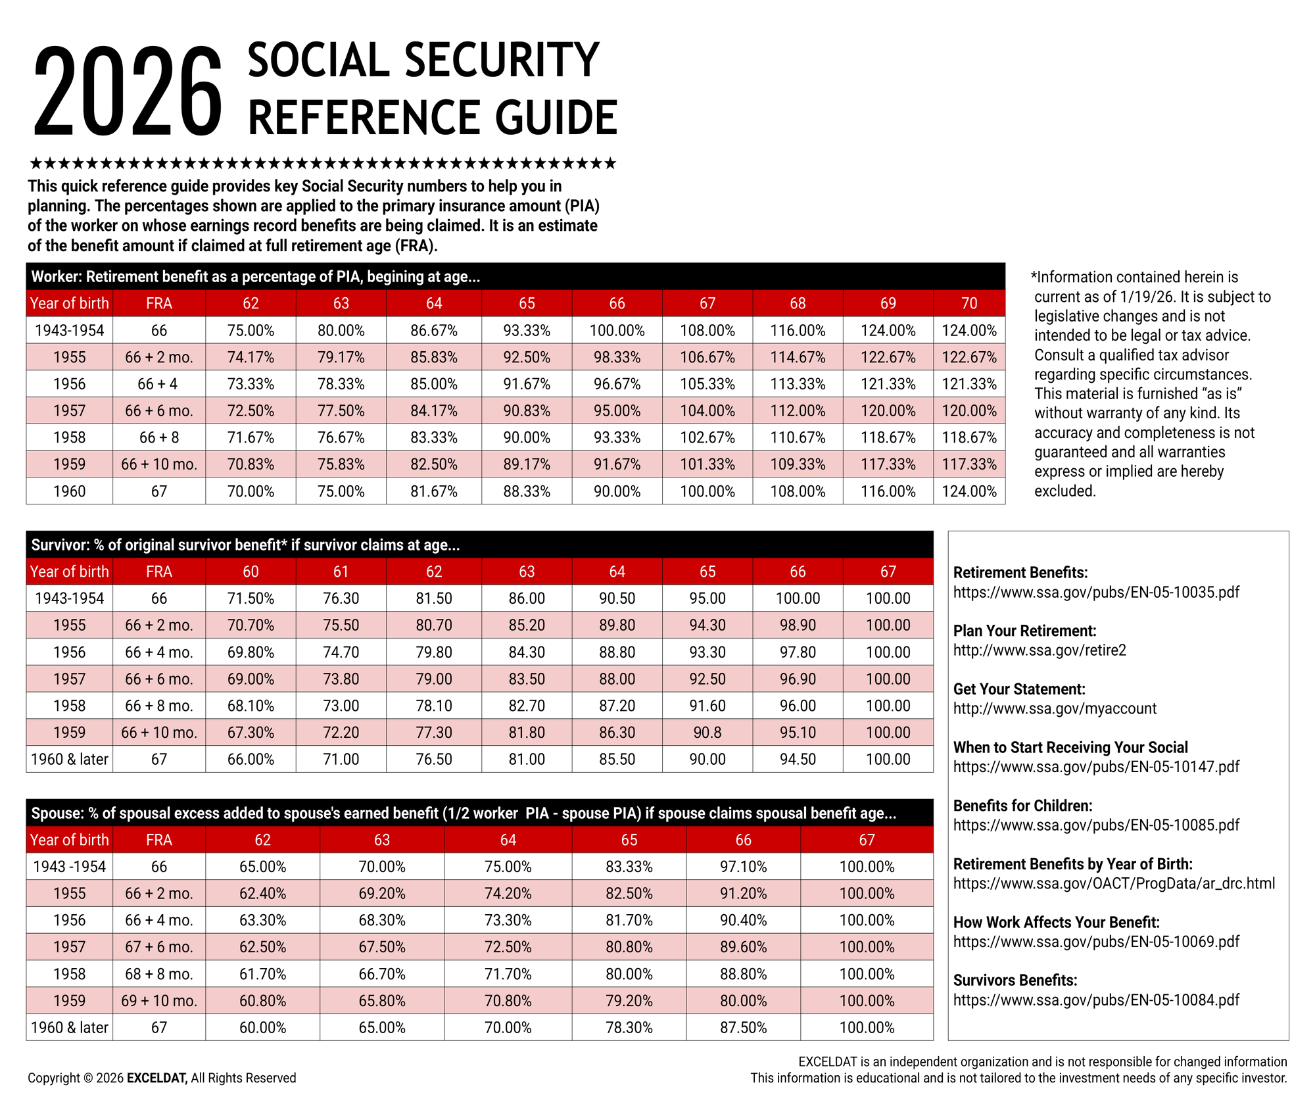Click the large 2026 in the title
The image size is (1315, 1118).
click(128, 92)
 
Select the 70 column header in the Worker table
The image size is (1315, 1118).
click(969, 303)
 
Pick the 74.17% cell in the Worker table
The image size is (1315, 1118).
click(251, 357)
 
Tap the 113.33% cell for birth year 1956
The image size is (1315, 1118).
click(798, 384)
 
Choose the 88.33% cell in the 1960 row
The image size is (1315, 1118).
click(527, 491)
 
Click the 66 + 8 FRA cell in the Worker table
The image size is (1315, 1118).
click(159, 437)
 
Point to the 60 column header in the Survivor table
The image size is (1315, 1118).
click(251, 571)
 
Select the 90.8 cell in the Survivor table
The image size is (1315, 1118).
click(707, 733)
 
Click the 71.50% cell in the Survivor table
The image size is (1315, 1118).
click(251, 598)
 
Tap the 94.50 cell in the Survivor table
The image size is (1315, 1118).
click(798, 760)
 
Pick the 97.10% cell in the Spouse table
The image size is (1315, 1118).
click(743, 867)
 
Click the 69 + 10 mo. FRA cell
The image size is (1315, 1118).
click(159, 1001)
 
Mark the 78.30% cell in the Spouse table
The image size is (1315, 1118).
click(629, 1028)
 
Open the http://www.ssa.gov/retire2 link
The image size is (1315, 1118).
click(1040, 650)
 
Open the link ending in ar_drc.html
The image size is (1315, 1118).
click(1114, 883)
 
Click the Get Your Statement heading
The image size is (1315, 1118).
click(1019, 689)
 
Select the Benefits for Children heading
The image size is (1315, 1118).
click(1022, 806)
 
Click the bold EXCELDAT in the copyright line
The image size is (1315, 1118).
click(156, 1079)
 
